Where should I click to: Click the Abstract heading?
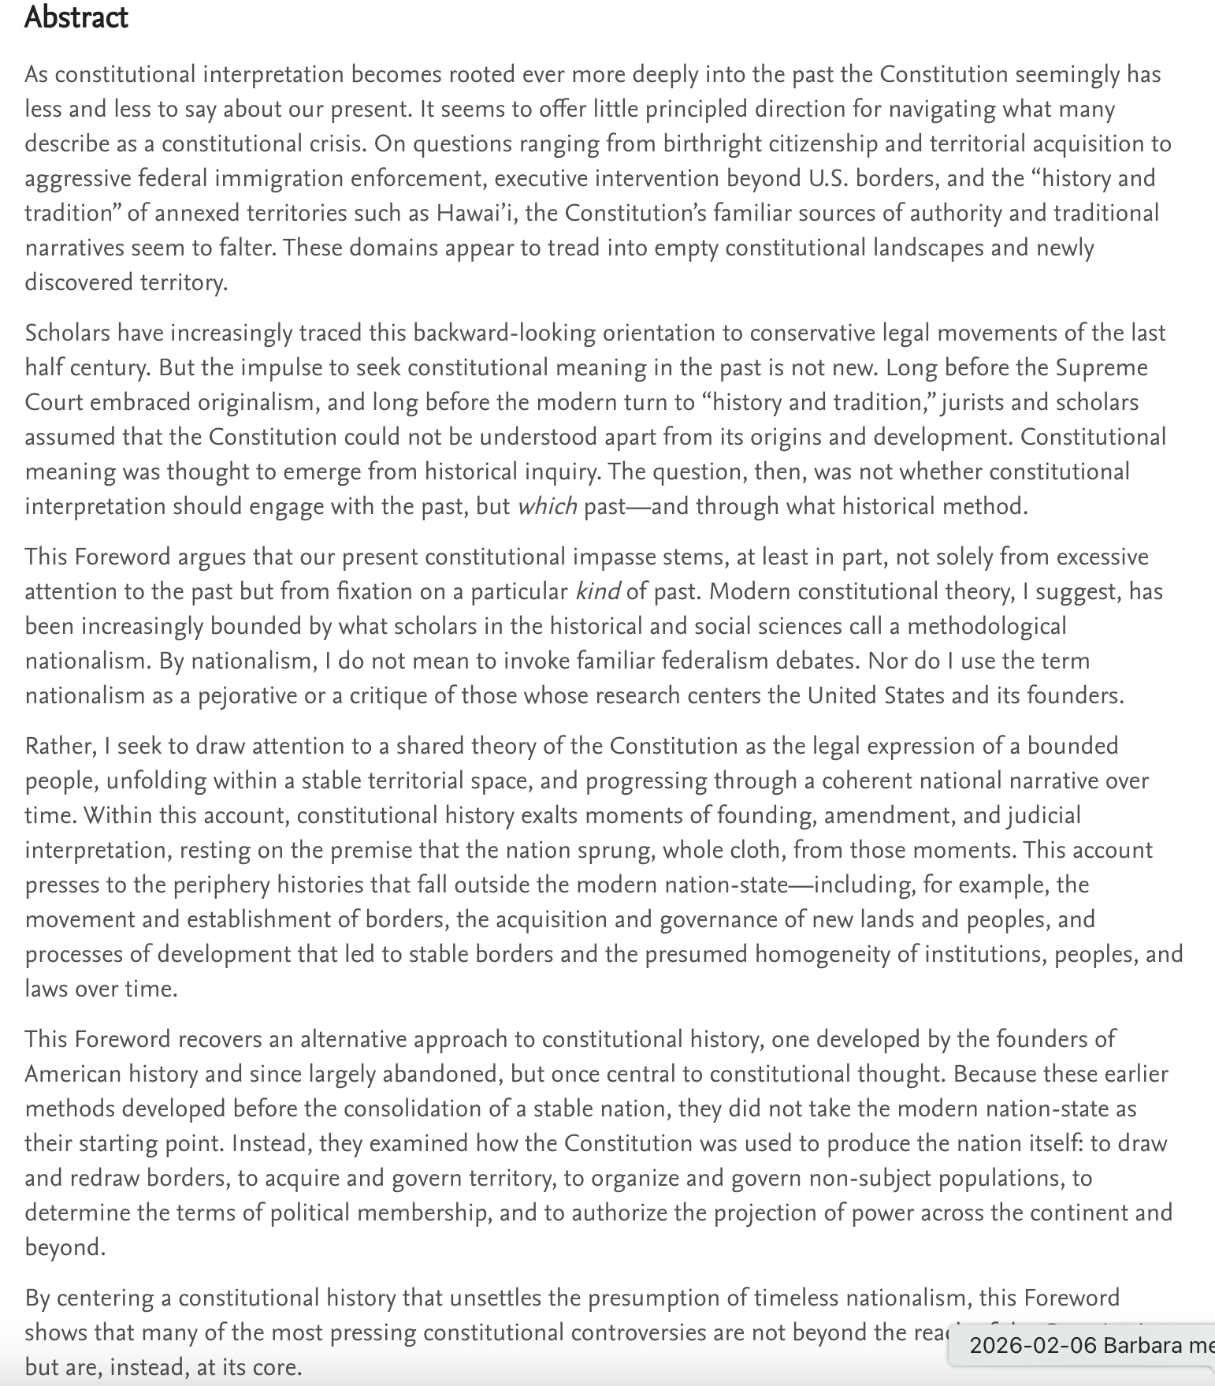tap(76, 17)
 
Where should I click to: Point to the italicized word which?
tap(547, 506)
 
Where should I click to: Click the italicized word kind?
tap(598, 591)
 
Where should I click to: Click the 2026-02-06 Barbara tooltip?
tap(1087, 1344)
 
